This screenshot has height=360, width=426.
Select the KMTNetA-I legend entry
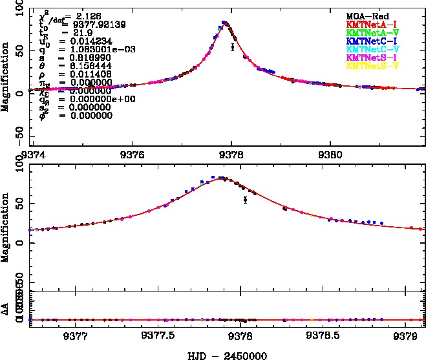[x=370, y=23]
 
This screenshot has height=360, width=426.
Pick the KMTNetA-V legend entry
[x=370, y=32]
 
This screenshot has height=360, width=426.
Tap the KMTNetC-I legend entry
[x=370, y=40]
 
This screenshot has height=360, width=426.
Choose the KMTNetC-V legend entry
[x=370, y=48]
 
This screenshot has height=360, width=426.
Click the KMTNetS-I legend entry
[x=370, y=57]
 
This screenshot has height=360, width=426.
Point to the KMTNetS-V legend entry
[x=370, y=65]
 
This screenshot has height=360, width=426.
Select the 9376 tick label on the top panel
[x=132, y=155]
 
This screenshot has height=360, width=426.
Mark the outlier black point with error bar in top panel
[x=232, y=47]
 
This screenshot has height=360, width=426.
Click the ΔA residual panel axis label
[x=6, y=310]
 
